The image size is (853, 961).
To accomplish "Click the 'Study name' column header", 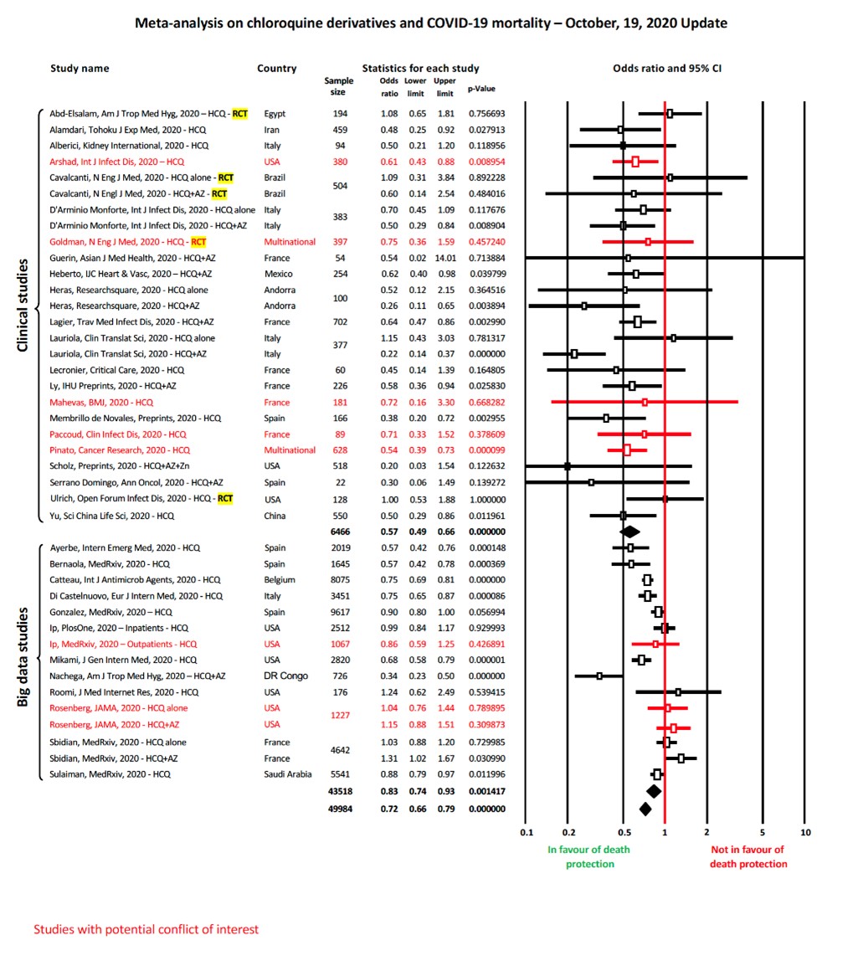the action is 80,68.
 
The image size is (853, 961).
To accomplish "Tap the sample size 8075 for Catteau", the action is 340,580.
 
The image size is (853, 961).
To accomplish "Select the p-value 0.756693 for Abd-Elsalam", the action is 487,113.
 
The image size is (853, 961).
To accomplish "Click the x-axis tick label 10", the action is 805,832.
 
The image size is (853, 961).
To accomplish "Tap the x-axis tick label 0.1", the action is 527,832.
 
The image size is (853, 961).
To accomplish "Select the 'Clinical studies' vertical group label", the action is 23,306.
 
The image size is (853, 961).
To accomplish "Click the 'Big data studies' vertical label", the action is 23,657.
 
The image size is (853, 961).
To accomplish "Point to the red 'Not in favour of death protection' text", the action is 748,857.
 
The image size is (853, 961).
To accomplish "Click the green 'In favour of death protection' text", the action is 588,857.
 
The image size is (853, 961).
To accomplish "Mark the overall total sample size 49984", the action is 340,809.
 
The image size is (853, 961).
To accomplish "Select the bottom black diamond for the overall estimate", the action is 645,809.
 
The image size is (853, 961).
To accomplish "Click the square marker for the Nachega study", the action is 599,676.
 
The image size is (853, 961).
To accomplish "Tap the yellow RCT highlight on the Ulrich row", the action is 225,498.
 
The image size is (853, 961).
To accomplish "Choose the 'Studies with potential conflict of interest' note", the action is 146,929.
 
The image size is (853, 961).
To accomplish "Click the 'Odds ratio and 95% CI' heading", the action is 667,68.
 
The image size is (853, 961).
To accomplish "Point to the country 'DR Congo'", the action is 286,676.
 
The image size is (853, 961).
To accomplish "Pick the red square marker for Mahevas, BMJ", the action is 645,402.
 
